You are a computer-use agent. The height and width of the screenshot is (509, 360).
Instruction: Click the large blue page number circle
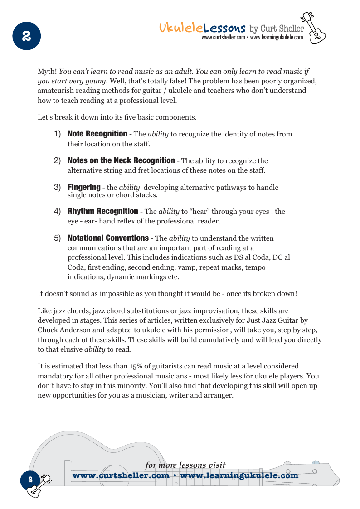coord(27,36)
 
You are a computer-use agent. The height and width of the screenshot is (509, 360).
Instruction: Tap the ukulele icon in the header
coord(316,28)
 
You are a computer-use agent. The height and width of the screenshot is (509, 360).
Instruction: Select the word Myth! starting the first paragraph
coord(47,72)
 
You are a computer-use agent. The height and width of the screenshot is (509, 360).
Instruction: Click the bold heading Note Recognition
coord(97,134)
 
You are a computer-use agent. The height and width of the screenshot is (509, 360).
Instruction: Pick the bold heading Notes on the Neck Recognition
coord(121,160)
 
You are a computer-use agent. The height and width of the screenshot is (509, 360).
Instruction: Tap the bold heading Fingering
coord(84,187)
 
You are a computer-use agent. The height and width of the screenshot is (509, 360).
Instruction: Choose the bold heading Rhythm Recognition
coord(103,211)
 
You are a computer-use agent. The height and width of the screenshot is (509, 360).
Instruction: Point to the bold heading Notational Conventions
coord(108,238)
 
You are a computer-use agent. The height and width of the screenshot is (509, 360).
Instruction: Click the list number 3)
coord(58,187)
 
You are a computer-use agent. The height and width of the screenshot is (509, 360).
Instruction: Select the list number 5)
coord(58,238)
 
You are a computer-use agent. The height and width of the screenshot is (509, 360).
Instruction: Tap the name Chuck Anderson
coord(64,330)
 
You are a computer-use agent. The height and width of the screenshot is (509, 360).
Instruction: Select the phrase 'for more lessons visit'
coord(185,465)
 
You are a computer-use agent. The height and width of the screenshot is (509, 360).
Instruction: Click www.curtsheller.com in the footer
coord(121,475)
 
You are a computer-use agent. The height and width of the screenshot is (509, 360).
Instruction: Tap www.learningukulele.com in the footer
coord(239,475)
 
